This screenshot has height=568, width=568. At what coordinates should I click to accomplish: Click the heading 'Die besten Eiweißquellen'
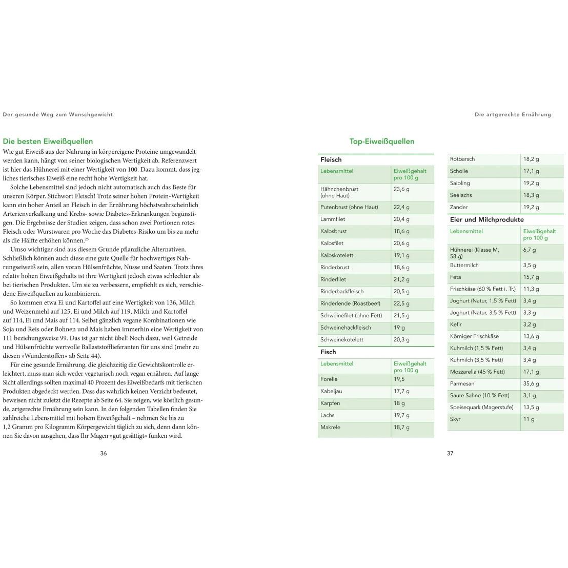click(48, 141)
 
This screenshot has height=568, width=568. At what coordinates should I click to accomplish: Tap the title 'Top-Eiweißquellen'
click(381, 141)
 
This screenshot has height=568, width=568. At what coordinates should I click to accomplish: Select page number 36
click(104, 453)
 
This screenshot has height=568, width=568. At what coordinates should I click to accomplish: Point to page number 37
click(450, 453)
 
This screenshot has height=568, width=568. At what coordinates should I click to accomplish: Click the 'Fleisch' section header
click(331, 159)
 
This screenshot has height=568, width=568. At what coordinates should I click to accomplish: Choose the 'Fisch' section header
click(328, 352)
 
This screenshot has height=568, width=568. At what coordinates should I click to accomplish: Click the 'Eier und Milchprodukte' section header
click(486, 219)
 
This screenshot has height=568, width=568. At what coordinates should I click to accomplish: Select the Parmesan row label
click(462, 383)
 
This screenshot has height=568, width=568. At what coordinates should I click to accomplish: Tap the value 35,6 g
click(531, 383)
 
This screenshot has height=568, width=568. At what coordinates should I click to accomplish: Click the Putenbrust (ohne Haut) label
click(349, 207)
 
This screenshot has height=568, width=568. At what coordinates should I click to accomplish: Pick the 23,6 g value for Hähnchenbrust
click(401, 189)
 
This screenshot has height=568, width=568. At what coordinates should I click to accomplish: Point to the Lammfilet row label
click(333, 219)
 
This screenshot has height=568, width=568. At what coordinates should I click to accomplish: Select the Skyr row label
click(455, 419)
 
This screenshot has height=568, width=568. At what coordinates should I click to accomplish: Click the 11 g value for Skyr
click(529, 419)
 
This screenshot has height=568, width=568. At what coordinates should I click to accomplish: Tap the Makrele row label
click(330, 427)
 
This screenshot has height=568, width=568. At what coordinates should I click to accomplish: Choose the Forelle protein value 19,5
click(399, 379)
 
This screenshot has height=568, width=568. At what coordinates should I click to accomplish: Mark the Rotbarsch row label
click(462, 159)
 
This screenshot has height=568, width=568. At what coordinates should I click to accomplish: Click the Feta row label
click(456, 277)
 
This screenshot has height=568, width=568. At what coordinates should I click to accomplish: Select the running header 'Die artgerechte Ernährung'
click(513, 115)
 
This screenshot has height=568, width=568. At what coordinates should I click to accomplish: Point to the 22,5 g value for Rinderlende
click(401, 303)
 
